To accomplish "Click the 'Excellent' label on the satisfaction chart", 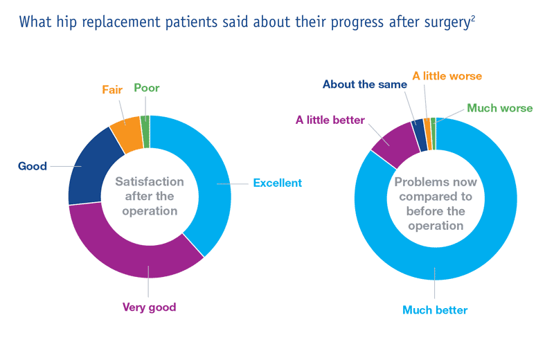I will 277,183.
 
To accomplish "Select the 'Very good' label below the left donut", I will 150,306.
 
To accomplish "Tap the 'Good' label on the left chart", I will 33,166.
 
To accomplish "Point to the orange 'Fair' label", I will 112,89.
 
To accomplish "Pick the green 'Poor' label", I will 146,88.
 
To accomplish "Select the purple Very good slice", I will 138,256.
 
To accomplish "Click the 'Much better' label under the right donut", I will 435,309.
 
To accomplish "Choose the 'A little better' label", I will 330,120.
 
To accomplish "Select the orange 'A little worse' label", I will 447,75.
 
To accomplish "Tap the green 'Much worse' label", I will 499,108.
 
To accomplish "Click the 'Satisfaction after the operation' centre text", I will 150,196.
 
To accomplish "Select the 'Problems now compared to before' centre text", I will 435,204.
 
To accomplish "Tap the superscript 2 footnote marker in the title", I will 472,16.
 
